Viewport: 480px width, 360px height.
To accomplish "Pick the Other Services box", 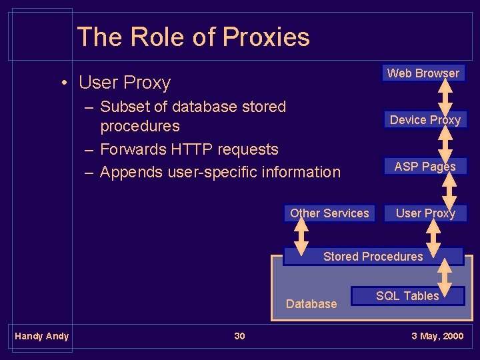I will coord(329,213).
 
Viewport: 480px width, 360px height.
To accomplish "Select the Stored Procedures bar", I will coord(373,257).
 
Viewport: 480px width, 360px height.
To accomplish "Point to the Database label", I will coord(311,304).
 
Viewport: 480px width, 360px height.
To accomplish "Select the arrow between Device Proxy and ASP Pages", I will coord(446,142).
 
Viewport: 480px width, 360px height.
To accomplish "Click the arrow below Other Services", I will coord(301,234).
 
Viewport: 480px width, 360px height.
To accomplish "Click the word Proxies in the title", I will coord(267,37).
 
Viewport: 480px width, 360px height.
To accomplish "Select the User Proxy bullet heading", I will coord(124,83).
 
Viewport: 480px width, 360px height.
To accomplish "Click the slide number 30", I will coord(239,336).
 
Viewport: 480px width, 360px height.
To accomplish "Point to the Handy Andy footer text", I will coord(41,336).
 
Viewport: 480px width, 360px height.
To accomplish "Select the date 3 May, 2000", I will coord(437,336).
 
